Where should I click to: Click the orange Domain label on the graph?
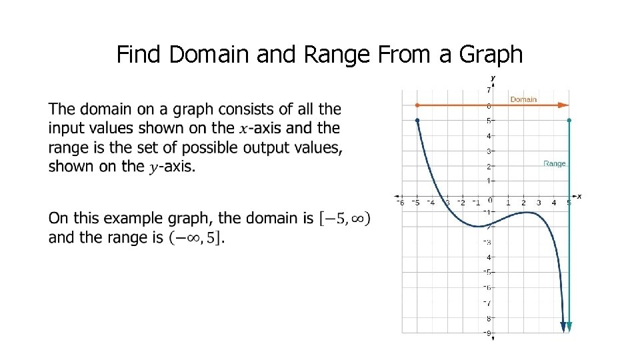tap(523, 99)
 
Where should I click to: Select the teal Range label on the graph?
tap(554, 163)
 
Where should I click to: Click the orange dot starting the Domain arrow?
tap(417, 105)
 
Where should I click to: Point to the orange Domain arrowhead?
tap(564, 105)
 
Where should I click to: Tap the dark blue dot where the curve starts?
tap(417, 121)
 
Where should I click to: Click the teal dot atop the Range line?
tap(569, 121)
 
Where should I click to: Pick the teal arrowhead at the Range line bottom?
tap(569, 326)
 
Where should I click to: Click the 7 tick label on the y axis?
tap(489, 89)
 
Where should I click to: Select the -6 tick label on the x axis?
tap(400, 203)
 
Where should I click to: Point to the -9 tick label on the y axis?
tap(487, 333)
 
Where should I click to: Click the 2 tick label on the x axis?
tap(523, 203)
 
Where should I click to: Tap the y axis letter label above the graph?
tap(493, 78)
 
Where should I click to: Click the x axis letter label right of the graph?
tap(579, 196)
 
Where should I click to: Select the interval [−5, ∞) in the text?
tap(345, 218)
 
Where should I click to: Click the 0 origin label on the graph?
tap(489, 199)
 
